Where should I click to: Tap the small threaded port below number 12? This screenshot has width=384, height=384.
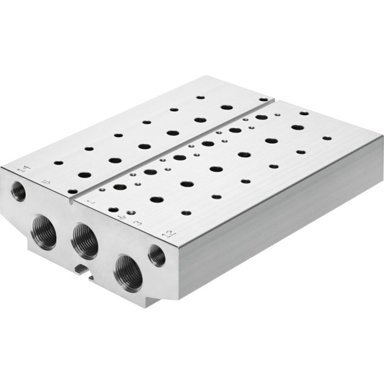[157, 255]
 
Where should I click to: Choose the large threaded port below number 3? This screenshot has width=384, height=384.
[128, 270]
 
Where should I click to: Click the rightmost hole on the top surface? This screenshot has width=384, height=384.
[326, 138]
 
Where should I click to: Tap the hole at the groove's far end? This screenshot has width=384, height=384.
[264, 99]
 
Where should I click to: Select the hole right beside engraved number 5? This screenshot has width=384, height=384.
[73, 191]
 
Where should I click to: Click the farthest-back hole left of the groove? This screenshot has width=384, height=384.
[200, 97]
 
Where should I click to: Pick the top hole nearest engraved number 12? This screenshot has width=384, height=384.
[186, 212]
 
